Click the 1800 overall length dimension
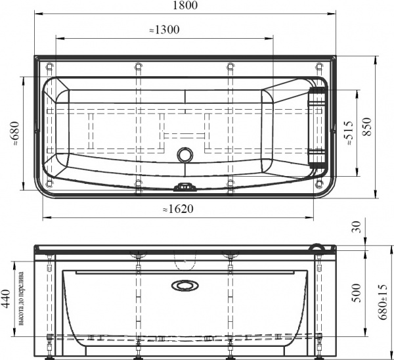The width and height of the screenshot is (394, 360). pos(187,6)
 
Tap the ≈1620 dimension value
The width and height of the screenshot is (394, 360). pos(178,209)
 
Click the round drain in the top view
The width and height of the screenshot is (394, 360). pos(186,156)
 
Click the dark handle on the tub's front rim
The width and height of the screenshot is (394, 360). pos(186,187)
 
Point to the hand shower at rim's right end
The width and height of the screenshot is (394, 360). pos(318,247)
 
